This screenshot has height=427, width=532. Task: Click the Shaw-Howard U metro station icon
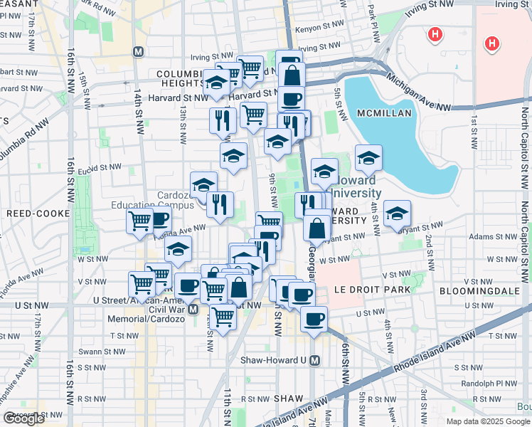(x=315, y=360)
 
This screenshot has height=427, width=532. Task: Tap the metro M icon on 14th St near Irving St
(x=139, y=52)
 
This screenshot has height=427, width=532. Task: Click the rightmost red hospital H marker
(x=491, y=44)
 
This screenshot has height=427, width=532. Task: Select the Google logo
(x=23, y=418)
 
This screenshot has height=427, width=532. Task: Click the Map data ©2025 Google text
(x=488, y=421)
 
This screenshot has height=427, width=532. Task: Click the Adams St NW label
(x=486, y=236)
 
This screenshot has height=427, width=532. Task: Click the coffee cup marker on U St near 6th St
(x=313, y=319)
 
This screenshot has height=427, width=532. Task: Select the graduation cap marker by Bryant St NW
(x=397, y=213)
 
